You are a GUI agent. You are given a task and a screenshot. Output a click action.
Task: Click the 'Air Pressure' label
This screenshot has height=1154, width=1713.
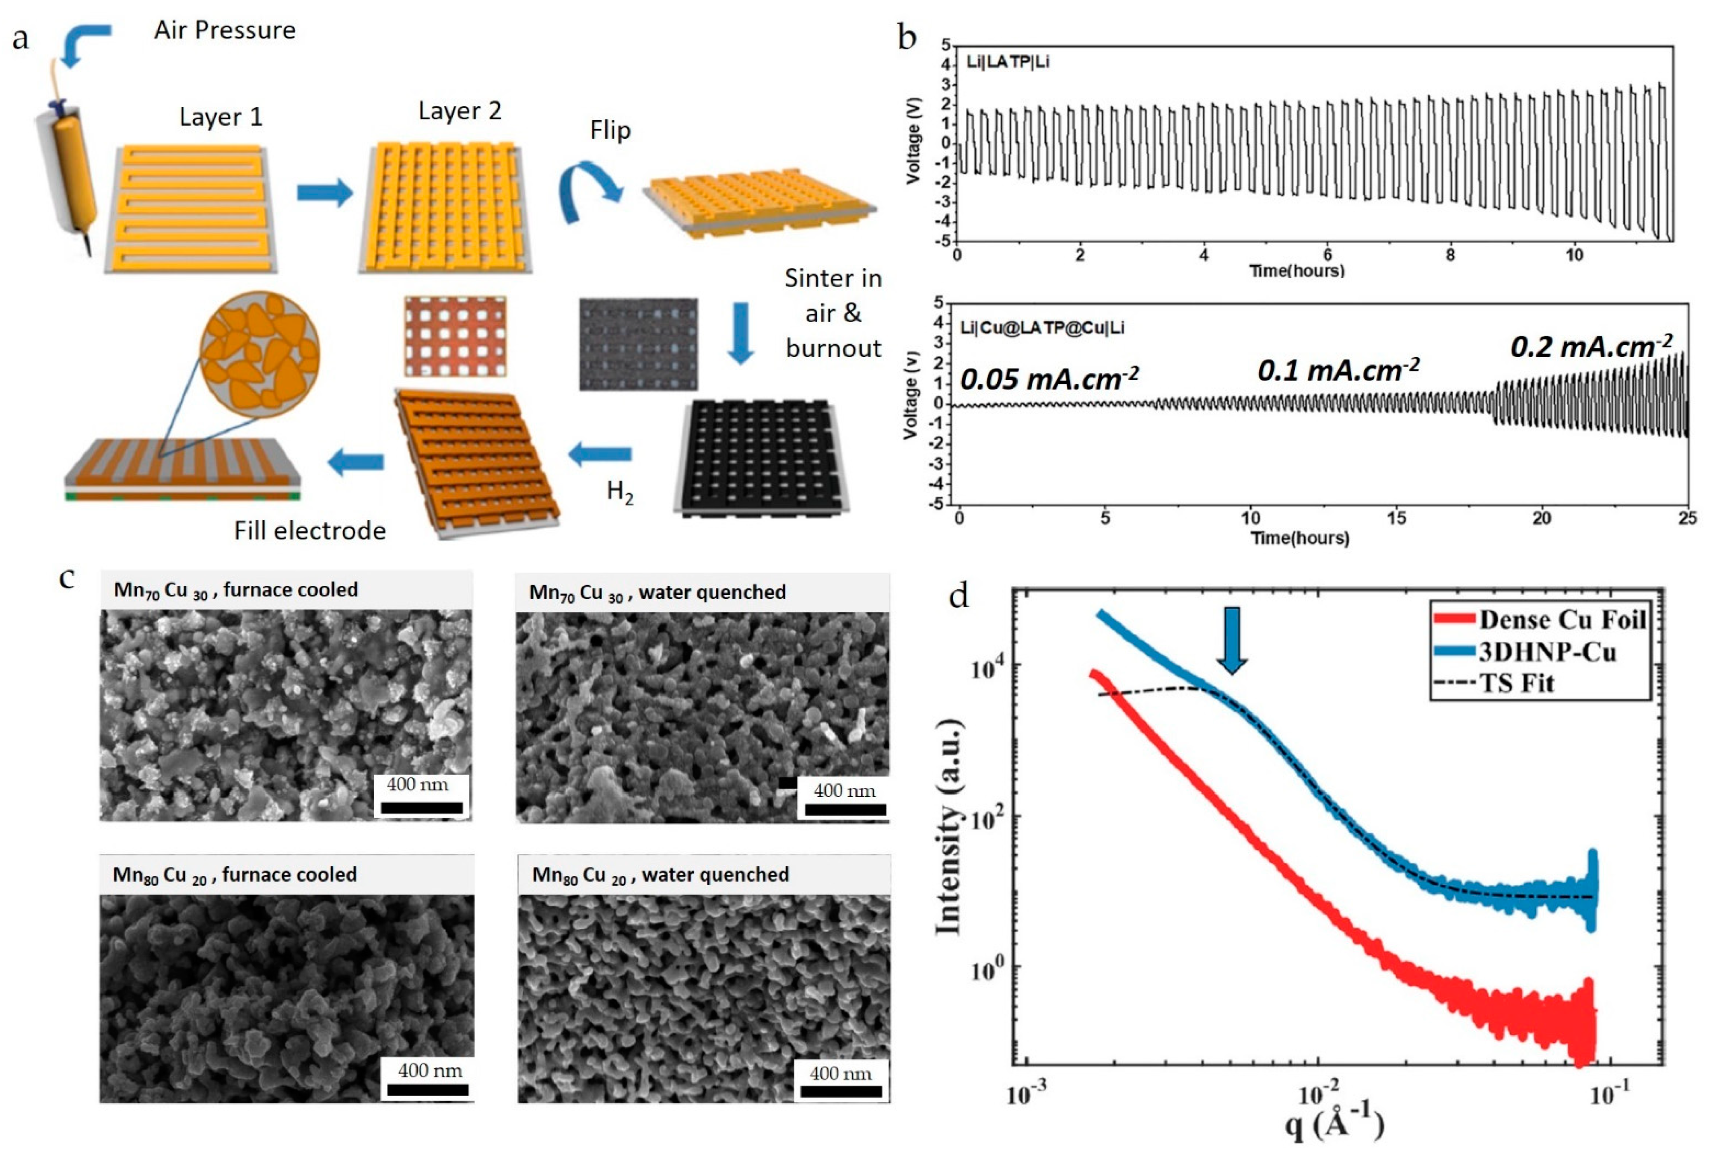(225, 30)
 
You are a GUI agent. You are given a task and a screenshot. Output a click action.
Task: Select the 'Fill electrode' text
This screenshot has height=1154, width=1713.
(310, 531)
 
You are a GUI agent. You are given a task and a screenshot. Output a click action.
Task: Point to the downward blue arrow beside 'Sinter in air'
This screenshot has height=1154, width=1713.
(740, 333)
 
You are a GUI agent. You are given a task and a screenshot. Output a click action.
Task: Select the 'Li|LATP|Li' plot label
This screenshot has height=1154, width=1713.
(1007, 62)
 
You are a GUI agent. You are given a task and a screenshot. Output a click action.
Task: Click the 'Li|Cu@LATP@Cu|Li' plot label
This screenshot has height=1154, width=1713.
(1042, 328)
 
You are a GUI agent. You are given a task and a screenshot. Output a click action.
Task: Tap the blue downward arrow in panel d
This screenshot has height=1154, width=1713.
(1232, 639)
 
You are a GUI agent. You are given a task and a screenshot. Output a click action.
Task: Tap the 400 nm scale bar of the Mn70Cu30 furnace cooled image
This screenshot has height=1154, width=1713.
(422, 808)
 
